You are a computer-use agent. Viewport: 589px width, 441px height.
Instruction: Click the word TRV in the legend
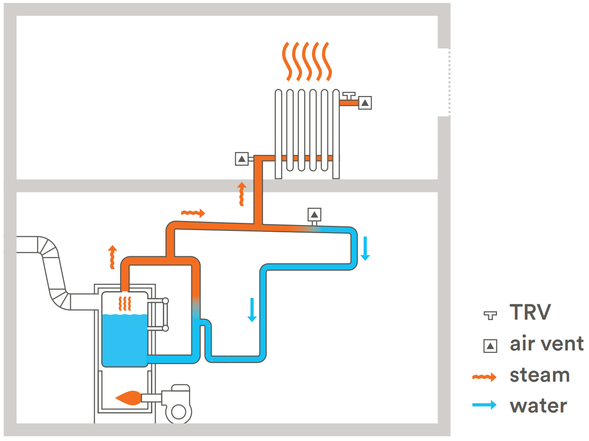tap(530, 312)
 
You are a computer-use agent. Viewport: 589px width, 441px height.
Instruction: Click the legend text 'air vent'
tap(546, 344)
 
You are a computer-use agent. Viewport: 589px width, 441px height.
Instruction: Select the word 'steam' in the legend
tap(539, 375)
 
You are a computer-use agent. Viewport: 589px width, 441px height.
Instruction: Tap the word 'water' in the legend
tap(538, 406)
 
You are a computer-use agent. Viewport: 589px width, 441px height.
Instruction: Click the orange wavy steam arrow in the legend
tap(484, 377)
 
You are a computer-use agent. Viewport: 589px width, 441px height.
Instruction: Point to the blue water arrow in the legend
tap(484, 405)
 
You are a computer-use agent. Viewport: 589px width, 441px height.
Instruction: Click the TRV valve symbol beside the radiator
tap(349, 96)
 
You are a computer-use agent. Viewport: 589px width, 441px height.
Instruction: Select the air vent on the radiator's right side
tap(365, 103)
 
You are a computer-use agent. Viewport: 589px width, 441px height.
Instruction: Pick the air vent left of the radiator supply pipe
tap(242, 159)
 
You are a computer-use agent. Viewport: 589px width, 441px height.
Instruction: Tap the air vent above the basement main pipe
tap(314, 214)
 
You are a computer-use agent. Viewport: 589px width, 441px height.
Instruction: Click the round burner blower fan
tap(178, 412)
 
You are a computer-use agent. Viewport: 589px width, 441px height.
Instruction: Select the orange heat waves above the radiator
tap(307, 61)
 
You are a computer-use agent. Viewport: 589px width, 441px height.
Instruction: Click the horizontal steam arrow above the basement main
tap(193, 213)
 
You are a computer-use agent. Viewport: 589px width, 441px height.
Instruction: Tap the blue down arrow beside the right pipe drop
tap(365, 248)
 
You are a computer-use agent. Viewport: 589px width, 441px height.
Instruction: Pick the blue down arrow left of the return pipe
tap(252, 310)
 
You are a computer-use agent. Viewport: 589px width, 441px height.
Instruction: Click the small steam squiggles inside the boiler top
tap(125, 303)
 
